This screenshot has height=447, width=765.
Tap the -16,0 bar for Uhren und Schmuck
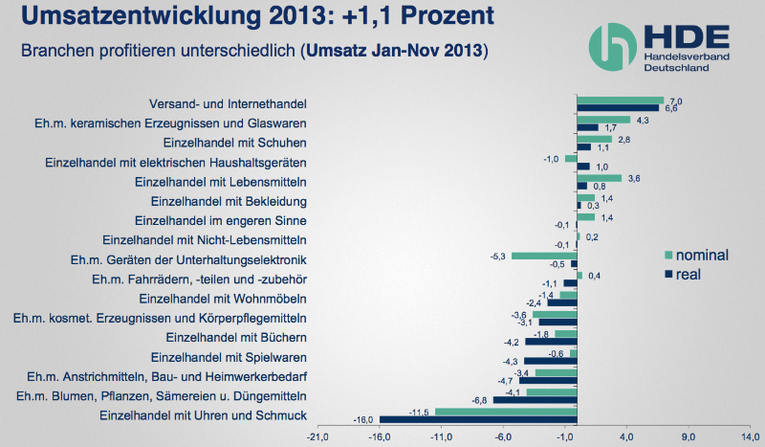click(x=478, y=419)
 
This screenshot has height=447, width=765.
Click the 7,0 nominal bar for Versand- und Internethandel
click(x=621, y=100)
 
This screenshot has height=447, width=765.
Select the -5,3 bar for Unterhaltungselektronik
click(x=545, y=256)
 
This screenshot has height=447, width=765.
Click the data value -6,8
click(x=482, y=401)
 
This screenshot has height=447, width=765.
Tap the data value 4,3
click(x=643, y=120)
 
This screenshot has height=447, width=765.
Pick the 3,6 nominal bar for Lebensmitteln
click(x=600, y=177)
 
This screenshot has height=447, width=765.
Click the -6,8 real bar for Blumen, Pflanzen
click(x=535, y=399)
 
